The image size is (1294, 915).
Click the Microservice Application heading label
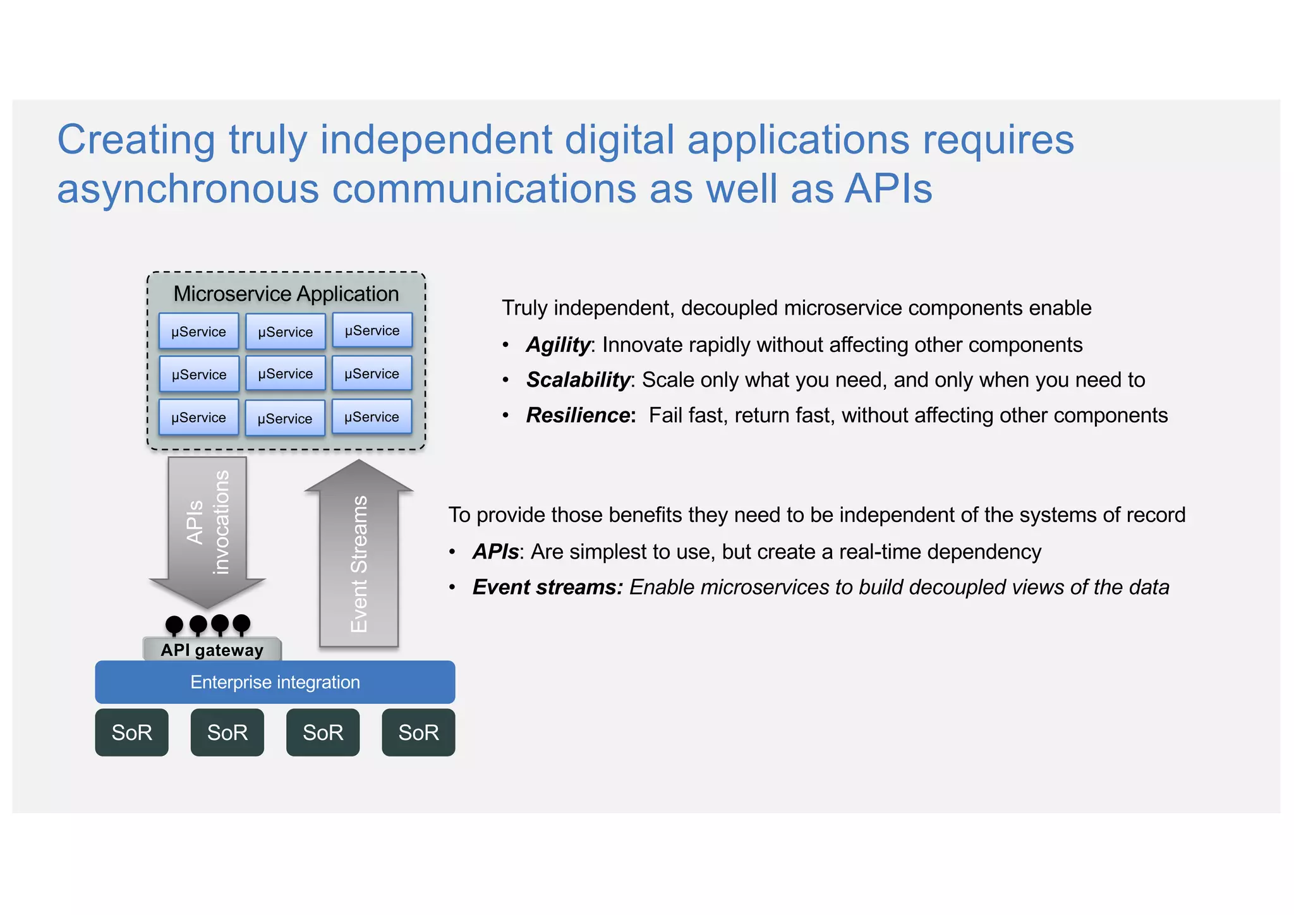pyautogui.click(x=286, y=294)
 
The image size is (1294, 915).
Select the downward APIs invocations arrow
pyautogui.click(x=207, y=524)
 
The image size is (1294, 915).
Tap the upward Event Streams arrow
pyautogui.click(x=359, y=556)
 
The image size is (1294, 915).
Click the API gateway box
pyautogui.click(x=212, y=650)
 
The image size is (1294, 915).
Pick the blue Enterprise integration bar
pyautogui.click(x=275, y=682)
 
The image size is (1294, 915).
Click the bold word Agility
pyautogui.click(x=558, y=345)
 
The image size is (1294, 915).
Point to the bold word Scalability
pyautogui.click(x=578, y=380)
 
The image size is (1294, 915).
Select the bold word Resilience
pyautogui.click(x=578, y=415)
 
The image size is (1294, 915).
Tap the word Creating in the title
pyautogui.click(x=136, y=140)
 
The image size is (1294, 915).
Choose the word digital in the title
pyautogui.click(x=619, y=140)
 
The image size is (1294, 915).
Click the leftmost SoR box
pyautogui.click(x=131, y=732)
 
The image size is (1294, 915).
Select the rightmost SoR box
pyautogui.click(x=418, y=732)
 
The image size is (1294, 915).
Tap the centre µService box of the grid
pyautogui.click(x=285, y=373)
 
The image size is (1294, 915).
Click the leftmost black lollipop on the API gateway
pyautogui.click(x=174, y=625)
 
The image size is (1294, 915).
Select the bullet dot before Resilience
pyautogui.click(x=505, y=416)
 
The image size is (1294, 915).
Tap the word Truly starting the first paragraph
pyautogui.click(x=524, y=308)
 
